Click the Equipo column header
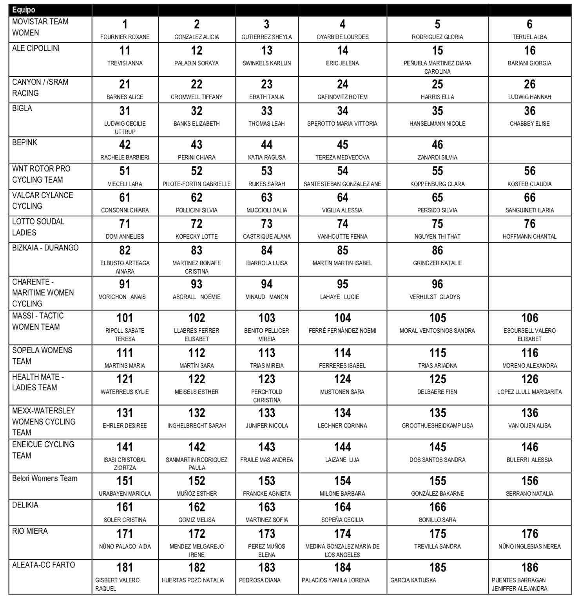[24, 10]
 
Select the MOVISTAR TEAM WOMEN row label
[40, 27]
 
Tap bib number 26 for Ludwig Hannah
[529, 84]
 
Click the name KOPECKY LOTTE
[196, 236]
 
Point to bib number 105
[437, 318]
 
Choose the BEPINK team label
[25, 142]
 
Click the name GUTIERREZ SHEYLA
[266, 37]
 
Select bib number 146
[529, 447]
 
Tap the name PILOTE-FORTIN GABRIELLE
[196, 184]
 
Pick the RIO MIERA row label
[30, 531]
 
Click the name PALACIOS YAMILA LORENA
[335, 580]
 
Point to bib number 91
[125, 284]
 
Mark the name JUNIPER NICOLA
[266, 426]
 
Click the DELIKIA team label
[25, 505]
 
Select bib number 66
[529, 197]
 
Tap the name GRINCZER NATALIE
[437, 263]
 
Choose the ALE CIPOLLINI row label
[36, 48]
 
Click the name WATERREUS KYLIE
[125, 392]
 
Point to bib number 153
[266, 481]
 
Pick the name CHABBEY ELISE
[529, 123]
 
